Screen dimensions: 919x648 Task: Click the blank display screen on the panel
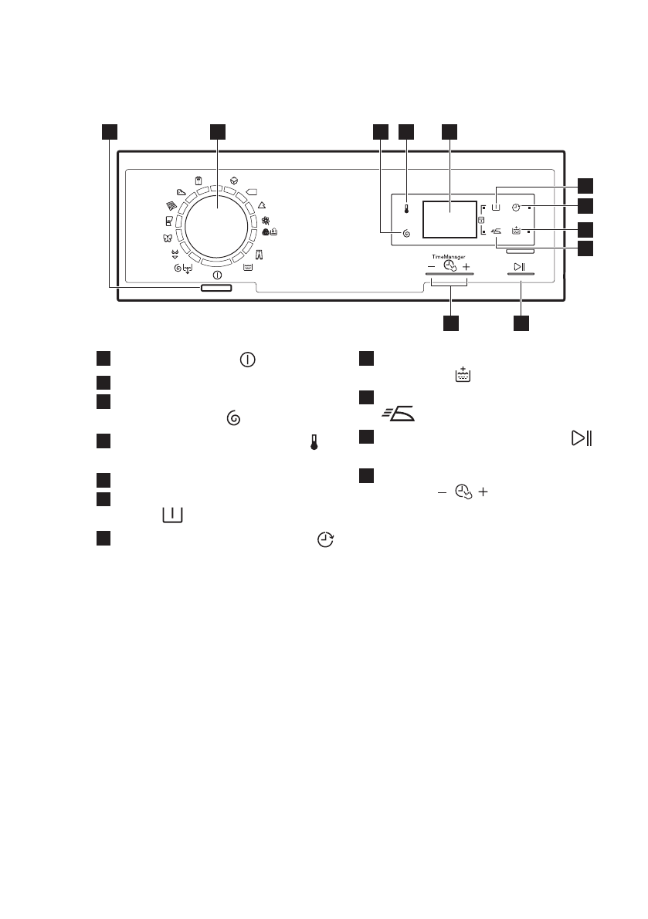click(x=449, y=218)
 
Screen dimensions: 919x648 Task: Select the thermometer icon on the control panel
click(x=405, y=208)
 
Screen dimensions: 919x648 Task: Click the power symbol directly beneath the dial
click(x=216, y=275)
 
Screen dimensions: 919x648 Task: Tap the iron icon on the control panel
click(x=496, y=230)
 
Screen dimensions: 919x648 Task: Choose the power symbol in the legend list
click(x=249, y=360)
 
